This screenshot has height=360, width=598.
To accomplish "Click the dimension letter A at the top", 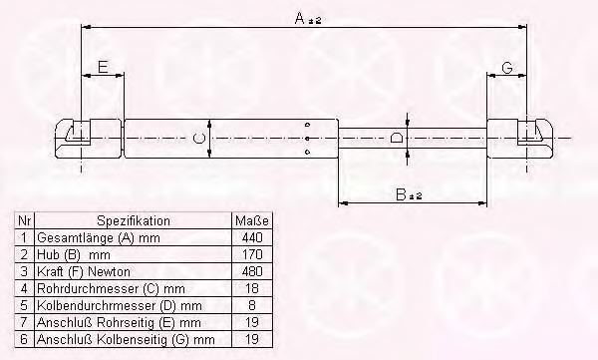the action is pos(301,18).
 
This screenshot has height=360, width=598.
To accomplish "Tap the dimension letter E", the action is pos(103,67).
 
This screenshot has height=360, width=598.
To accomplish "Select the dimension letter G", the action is pos(507,68).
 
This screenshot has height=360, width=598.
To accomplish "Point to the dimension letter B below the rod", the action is pos(402,194).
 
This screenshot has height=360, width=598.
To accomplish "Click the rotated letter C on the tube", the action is pos(199,139).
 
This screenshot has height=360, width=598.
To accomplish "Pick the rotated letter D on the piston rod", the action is pos(397,138).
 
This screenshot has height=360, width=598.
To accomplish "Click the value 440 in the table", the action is pos(252,237).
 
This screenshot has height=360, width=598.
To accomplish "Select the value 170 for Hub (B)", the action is pos(252,254).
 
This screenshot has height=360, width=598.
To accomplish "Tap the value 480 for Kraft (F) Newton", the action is pos(252,271).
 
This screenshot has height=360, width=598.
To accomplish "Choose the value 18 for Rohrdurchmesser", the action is pos(252,288).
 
